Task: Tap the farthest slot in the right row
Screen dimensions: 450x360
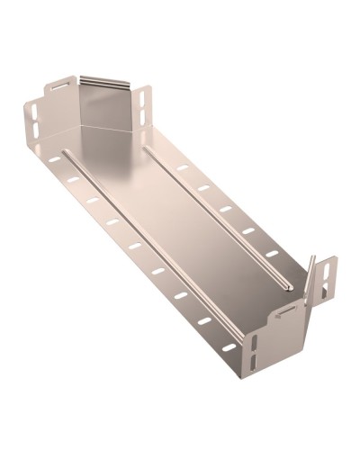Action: pyautogui.click(x=182, y=168)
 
